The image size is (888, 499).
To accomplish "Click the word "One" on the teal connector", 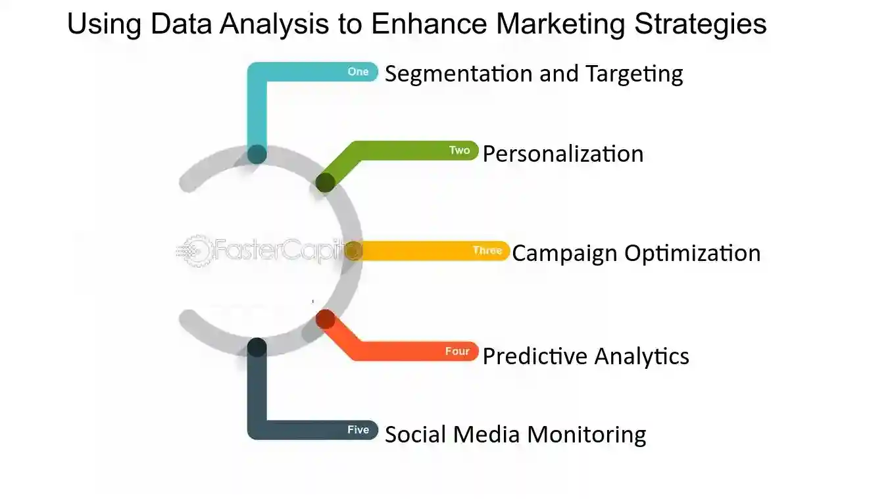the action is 358,72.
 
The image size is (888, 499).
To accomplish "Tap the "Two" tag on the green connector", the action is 460,150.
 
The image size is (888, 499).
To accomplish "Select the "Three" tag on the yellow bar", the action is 487,250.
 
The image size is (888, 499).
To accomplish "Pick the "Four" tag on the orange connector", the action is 457,351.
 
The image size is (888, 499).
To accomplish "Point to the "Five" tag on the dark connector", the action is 358,429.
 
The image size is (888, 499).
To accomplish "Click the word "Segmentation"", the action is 458,74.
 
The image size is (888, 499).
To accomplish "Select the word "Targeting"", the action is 634,74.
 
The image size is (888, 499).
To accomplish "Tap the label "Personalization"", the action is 563,154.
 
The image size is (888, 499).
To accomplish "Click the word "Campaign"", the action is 564,254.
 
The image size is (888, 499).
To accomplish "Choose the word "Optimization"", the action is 693,254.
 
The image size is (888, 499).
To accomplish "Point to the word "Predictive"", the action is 535,356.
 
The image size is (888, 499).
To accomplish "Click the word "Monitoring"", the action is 586,435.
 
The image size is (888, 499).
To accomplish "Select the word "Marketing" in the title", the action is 560,24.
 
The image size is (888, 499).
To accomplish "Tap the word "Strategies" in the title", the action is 701,24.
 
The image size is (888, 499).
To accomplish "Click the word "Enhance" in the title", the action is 429,23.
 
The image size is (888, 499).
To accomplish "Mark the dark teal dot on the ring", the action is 257,154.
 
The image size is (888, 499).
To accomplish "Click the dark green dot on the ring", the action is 326,183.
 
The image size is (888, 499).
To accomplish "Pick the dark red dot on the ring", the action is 326,319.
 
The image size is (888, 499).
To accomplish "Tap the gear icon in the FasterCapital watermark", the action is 195,250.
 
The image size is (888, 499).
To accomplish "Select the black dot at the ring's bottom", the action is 257,347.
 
